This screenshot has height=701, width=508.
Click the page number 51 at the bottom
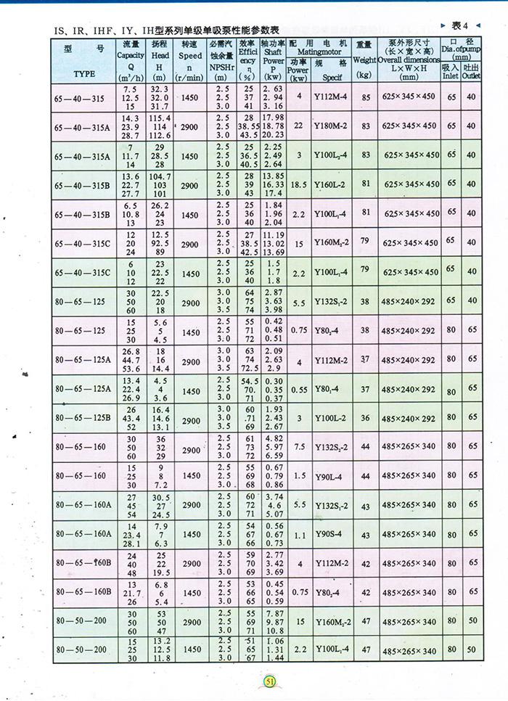270,681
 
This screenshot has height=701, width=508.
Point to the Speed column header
190,55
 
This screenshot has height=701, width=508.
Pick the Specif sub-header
332,75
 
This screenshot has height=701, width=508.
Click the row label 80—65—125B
81,419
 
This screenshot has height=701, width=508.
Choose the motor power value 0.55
298,390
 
